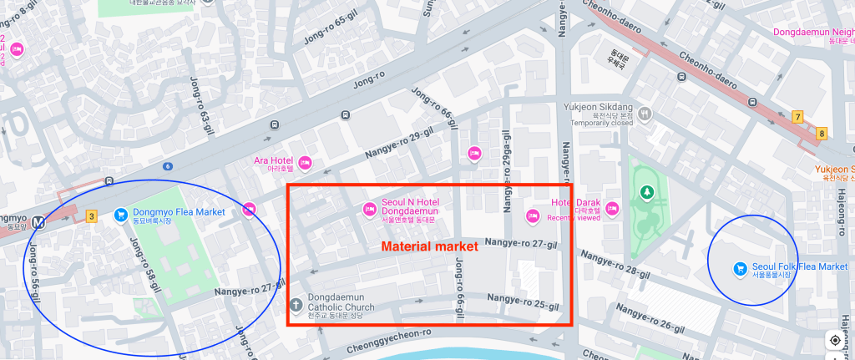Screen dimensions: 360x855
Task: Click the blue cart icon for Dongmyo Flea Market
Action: pos(120,214)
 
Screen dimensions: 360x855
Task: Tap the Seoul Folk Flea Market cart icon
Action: pos(739,267)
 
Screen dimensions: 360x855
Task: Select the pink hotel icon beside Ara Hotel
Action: pos(306,160)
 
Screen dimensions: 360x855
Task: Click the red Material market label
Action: pos(429,246)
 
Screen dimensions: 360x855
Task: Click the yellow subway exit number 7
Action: pos(797,116)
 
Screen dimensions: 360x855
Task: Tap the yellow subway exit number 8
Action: pos(822,133)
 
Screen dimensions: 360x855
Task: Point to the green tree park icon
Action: pos(645,193)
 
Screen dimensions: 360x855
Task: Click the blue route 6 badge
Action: pos(168,166)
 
